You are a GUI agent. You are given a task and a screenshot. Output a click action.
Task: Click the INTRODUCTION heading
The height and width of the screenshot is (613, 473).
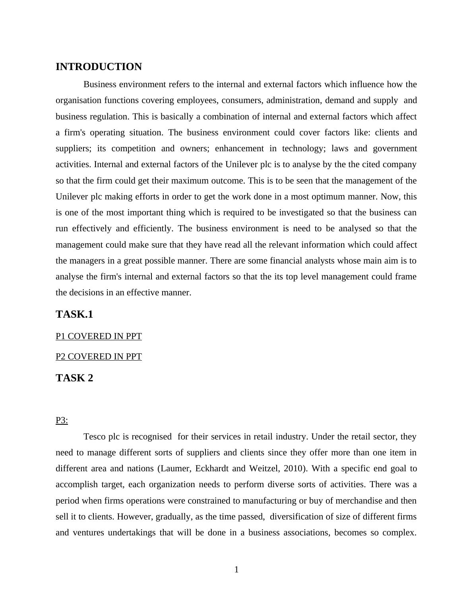[x=99, y=67]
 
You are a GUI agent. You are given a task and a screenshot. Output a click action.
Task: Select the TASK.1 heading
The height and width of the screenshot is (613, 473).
[x=74, y=314]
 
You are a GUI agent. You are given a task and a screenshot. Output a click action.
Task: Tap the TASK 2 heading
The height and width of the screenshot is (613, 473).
[x=74, y=378]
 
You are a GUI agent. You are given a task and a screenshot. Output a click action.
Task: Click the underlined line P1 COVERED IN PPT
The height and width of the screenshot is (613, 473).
[x=99, y=336]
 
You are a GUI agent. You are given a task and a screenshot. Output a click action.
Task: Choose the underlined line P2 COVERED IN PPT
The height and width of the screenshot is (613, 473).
[x=99, y=357]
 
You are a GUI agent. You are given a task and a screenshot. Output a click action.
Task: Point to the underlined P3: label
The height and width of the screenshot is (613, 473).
[x=62, y=420]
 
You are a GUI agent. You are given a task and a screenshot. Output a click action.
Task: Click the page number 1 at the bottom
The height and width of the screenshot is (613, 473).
[x=236, y=570]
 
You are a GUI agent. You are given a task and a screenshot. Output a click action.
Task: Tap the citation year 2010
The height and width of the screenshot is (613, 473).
[x=294, y=469]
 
